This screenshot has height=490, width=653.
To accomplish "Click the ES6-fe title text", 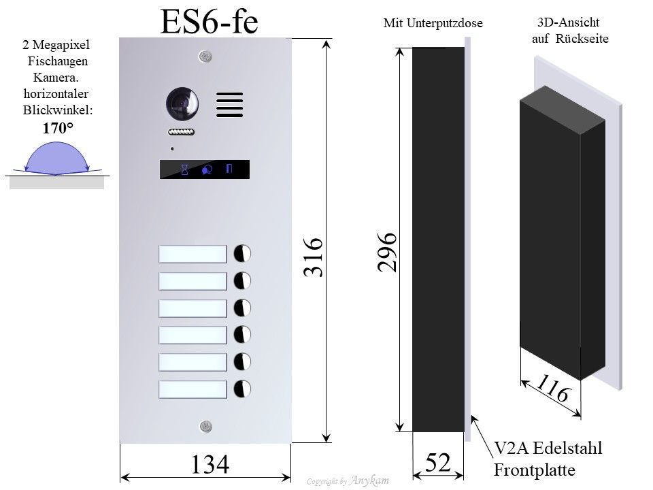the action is click(x=209, y=21).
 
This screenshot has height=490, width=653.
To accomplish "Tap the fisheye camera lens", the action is click(x=182, y=103).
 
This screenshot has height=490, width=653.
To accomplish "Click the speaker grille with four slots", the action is click(x=229, y=105).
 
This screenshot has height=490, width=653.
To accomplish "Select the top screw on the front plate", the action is click(x=205, y=56).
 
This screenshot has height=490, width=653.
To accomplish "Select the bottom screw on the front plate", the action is click(x=205, y=426).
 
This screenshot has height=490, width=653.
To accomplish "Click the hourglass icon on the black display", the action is click(x=184, y=169).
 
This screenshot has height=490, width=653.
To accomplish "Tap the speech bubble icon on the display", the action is click(x=207, y=169).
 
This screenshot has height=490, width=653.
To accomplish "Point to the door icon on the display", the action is click(x=229, y=169).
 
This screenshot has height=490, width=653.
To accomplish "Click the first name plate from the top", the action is click(x=192, y=254).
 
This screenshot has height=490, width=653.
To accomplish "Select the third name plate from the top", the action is click(x=192, y=308).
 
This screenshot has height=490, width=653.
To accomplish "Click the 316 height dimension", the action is click(x=313, y=257).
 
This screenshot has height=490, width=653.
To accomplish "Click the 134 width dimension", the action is click(x=210, y=464).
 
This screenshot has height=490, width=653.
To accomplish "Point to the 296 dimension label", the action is click(x=387, y=252).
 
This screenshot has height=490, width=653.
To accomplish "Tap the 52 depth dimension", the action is click(x=438, y=462).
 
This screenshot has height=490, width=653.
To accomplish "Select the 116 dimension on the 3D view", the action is click(x=552, y=388).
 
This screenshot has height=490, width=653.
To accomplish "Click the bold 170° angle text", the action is click(x=58, y=128).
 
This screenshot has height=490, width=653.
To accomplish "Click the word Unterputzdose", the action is click(x=444, y=23).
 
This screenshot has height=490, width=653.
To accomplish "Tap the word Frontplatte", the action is click(x=535, y=470).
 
